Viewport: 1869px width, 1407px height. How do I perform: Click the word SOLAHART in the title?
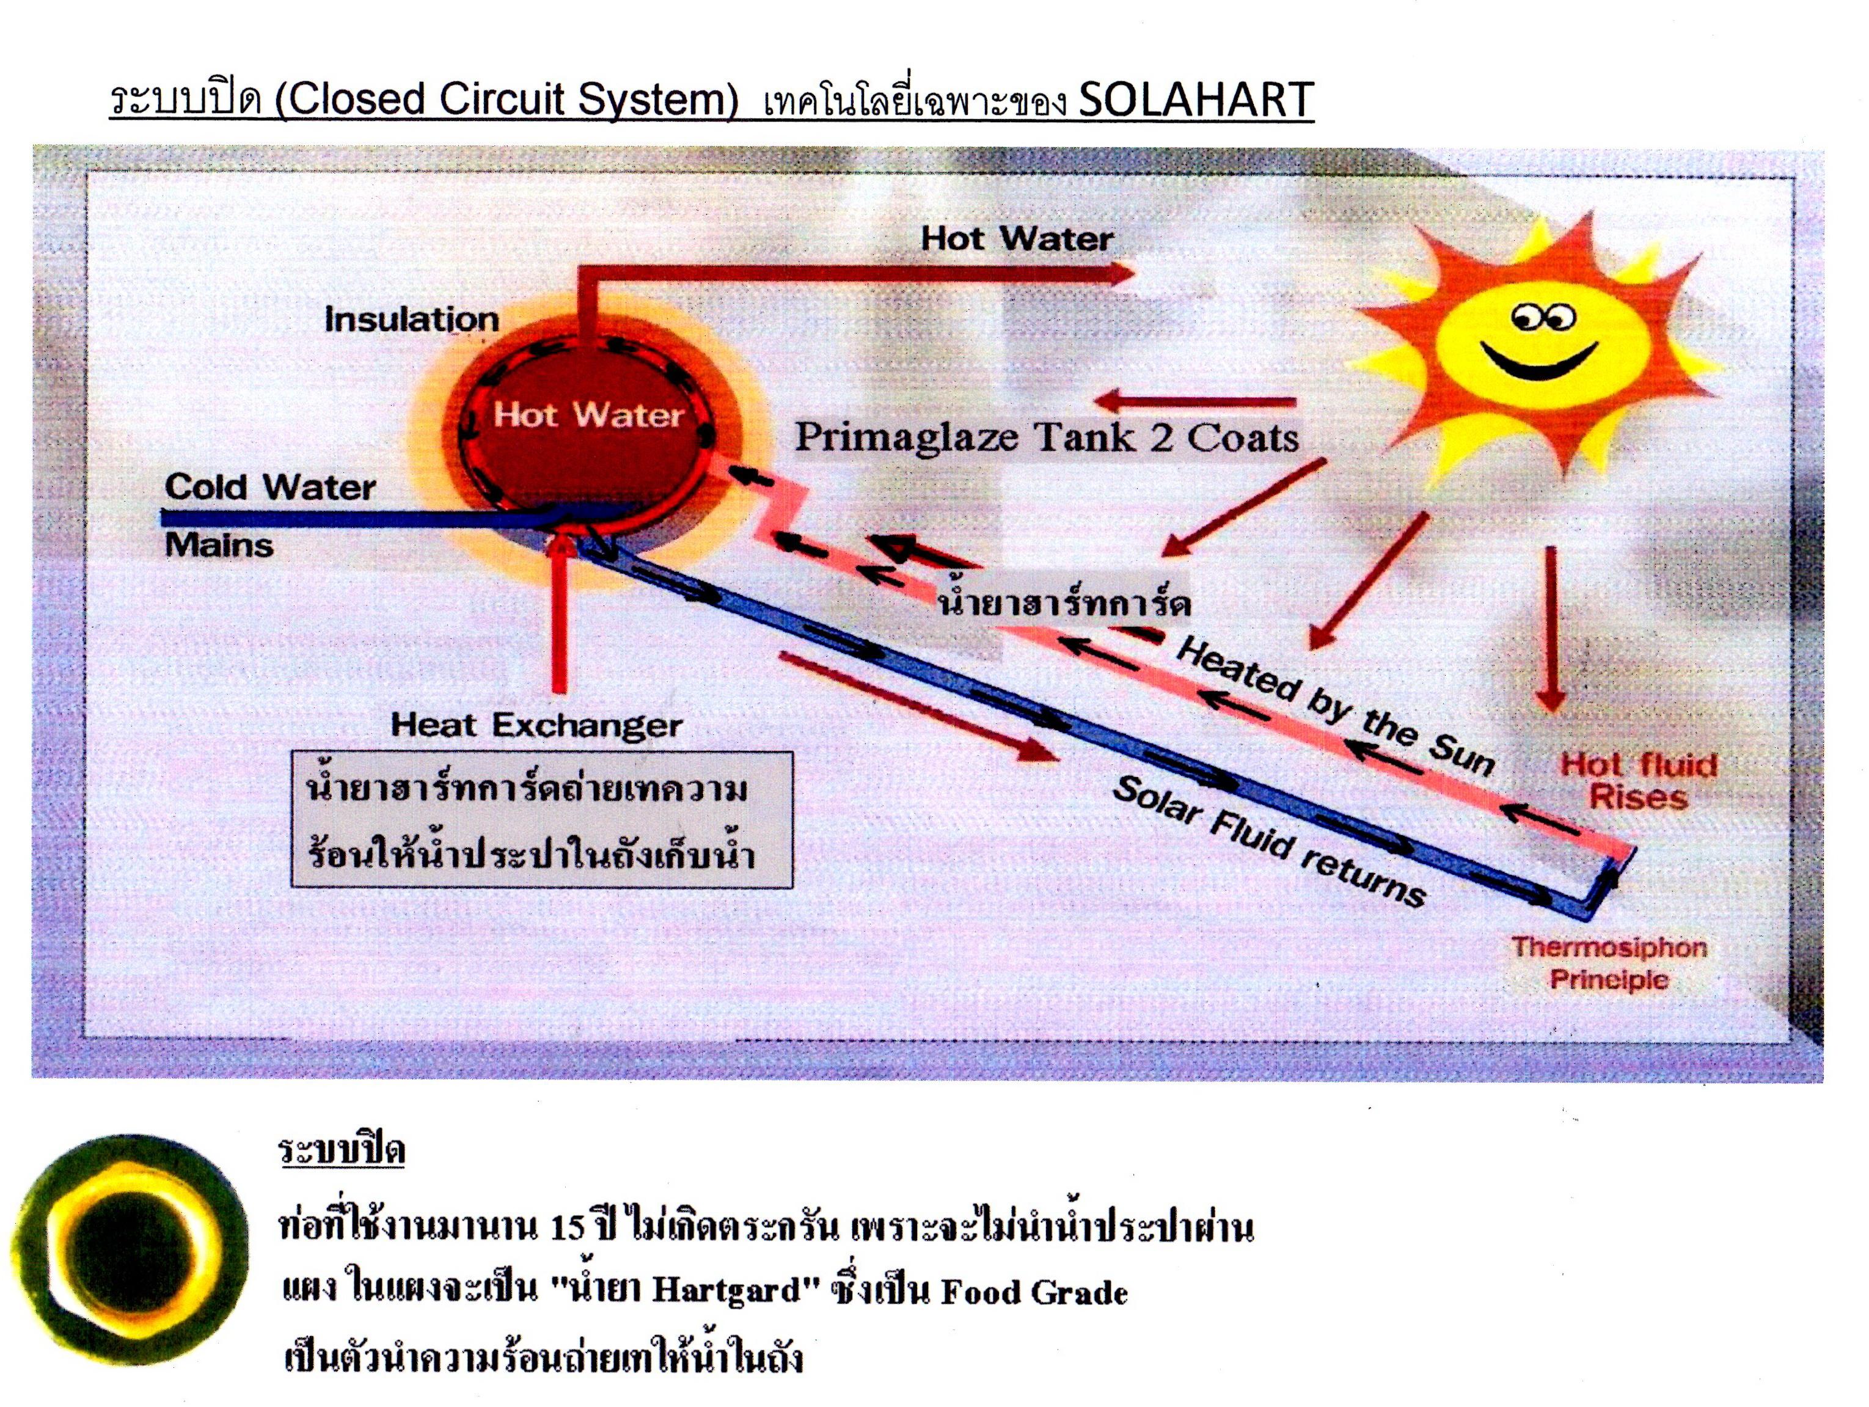coord(1196,99)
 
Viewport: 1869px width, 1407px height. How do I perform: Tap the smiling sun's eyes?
coord(1545,318)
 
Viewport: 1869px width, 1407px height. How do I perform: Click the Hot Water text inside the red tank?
coord(588,415)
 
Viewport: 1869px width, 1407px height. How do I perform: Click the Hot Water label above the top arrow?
coord(1017,238)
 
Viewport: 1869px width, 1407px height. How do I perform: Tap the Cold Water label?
coord(271,487)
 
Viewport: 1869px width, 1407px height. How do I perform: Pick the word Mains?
coord(219,545)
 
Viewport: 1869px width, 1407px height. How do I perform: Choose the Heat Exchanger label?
coord(536,725)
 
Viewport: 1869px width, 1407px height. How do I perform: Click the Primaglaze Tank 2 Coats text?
coord(1047,437)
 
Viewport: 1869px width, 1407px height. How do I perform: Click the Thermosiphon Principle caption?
coord(1609,963)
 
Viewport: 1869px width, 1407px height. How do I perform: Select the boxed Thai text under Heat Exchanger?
coord(541,820)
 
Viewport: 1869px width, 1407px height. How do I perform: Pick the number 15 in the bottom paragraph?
coord(568,1228)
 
